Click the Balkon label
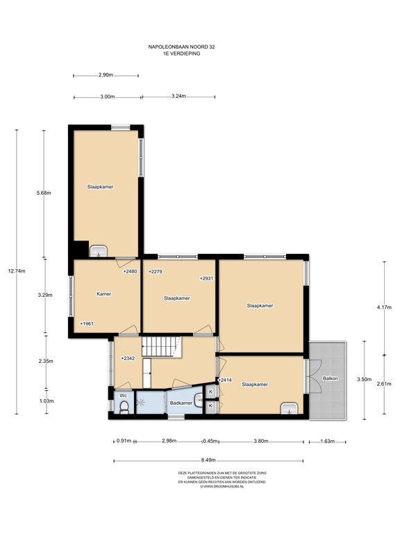[x=331, y=378]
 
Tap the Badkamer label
[x=181, y=403]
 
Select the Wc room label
[x=124, y=396]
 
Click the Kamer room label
[x=103, y=293]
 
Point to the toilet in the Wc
[x=124, y=407]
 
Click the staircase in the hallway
[x=161, y=347]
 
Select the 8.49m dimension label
[x=208, y=460]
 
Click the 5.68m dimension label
[x=44, y=193]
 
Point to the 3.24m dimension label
[x=178, y=96]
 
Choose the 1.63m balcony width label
[x=327, y=442]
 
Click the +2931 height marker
[x=206, y=278]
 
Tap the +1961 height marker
[x=86, y=323]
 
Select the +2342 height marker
[x=128, y=358]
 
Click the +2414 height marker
[x=224, y=380]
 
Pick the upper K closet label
[x=210, y=391]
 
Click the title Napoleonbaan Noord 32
[x=181, y=47]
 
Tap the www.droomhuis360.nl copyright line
[x=222, y=487]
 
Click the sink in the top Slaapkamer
[x=99, y=251]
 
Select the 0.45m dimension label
[x=210, y=441]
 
